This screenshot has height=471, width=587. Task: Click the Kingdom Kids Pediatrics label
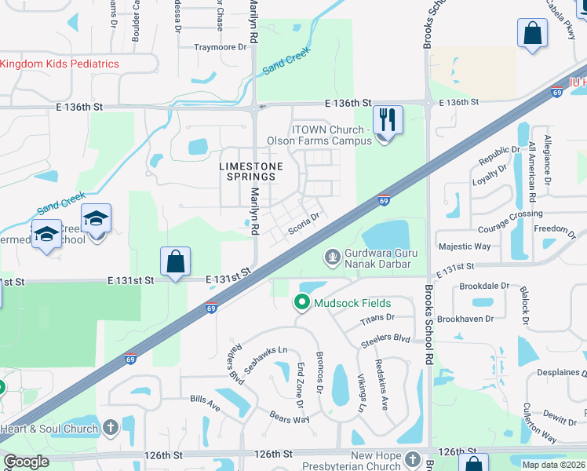(x=60, y=64)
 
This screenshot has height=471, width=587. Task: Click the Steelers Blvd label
(x=385, y=340)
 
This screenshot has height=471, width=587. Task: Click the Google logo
(x=26, y=462)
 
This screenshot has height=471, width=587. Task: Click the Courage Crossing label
(x=511, y=219)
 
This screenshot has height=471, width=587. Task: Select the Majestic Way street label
(x=465, y=246)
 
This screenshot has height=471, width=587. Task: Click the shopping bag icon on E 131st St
(x=175, y=262)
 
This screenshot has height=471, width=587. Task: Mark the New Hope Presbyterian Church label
(x=376, y=462)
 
